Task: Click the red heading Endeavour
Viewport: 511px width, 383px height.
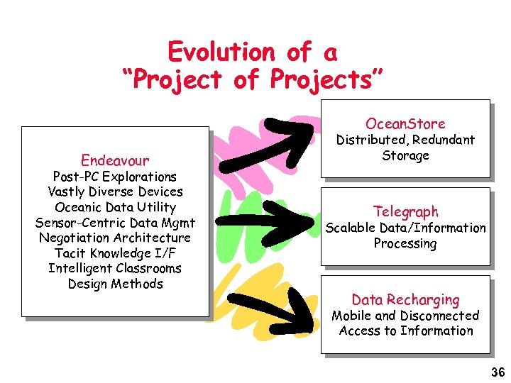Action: tap(115, 160)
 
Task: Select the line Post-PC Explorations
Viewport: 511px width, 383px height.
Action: tap(115, 177)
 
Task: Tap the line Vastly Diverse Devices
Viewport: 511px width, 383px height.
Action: tap(115, 191)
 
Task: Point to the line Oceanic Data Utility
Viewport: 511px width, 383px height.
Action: tap(115, 207)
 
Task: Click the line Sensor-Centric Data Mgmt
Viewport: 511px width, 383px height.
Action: tap(115, 223)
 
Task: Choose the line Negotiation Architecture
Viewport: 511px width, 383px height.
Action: tap(115, 238)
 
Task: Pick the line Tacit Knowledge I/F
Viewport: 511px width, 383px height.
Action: tap(115, 253)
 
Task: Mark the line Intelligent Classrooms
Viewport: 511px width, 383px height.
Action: tap(115, 268)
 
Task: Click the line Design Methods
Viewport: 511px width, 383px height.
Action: tap(115, 284)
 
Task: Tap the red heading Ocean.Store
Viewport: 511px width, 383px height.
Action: tap(405, 123)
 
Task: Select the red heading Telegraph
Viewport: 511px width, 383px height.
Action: tap(405, 211)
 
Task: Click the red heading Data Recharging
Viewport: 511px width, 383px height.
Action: tap(405, 299)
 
